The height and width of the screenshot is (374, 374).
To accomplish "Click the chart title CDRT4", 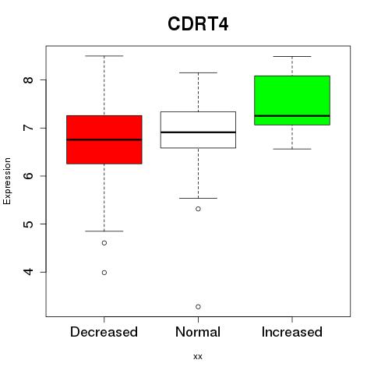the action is pyautogui.click(x=198, y=24).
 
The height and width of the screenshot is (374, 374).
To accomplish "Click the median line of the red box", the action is pyautogui.click(x=104, y=139).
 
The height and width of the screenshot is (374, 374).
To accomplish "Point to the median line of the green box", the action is pyautogui.click(x=292, y=116).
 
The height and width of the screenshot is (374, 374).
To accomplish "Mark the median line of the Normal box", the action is pyautogui.click(x=198, y=132).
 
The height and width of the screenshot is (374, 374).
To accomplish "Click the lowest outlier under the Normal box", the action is pyautogui.click(x=198, y=307).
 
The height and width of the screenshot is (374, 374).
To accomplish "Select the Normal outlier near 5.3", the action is pyautogui.click(x=198, y=209).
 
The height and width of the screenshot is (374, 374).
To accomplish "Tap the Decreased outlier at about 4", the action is pyautogui.click(x=104, y=273).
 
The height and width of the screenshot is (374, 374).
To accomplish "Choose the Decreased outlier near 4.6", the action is pyautogui.click(x=104, y=243).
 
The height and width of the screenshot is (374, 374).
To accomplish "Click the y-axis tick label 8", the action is pyautogui.click(x=28, y=79).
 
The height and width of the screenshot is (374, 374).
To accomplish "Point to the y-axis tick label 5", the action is pyautogui.click(x=28, y=224).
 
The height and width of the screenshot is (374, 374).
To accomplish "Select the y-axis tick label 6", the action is pyautogui.click(x=28, y=176).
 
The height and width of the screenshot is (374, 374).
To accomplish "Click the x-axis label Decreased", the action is pyautogui.click(x=104, y=332).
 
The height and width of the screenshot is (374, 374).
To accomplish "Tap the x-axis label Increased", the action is pyautogui.click(x=292, y=332).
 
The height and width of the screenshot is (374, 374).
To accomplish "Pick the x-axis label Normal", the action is pyautogui.click(x=198, y=332).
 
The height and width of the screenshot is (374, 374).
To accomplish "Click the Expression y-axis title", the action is pyautogui.click(x=7, y=181).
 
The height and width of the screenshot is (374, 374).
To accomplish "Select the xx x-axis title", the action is pyautogui.click(x=198, y=357).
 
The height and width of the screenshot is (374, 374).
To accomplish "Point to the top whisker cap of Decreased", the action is pyautogui.click(x=104, y=56).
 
